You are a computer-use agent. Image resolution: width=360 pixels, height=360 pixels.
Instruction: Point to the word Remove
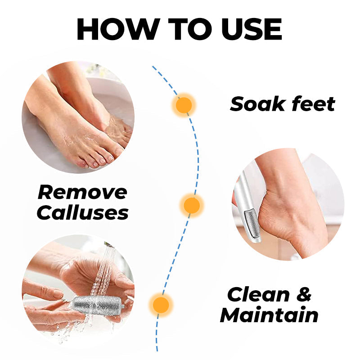coord(82,192)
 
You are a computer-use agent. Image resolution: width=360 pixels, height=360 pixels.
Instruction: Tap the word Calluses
coord(82,212)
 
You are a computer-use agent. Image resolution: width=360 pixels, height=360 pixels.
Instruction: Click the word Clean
coord(258,295)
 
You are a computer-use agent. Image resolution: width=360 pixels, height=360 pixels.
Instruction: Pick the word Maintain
coord(269,315)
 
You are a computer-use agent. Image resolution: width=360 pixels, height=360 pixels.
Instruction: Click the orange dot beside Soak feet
coord(183,105)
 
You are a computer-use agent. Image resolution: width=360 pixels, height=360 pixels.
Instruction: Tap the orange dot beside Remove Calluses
coord(192,205)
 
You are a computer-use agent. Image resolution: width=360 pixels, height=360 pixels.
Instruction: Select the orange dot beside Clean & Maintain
coord(160,304)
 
